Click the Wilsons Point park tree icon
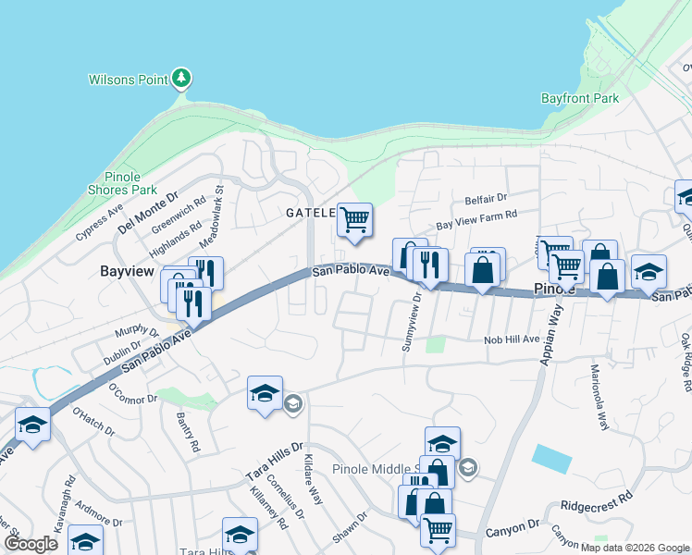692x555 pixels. tap(182, 78)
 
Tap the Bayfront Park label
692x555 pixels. tap(579, 98)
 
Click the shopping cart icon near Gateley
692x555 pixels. tap(354, 220)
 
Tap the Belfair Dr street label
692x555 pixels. tap(486, 198)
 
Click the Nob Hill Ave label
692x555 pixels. tap(512, 339)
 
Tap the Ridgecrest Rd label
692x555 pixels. tap(597, 503)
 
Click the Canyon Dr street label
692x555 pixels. tap(522, 526)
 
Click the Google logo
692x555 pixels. tap(31, 544)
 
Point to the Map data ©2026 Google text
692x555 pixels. tap(634, 548)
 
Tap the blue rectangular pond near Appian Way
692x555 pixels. tap(552, 459)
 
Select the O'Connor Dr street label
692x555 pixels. tap(134, 393)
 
